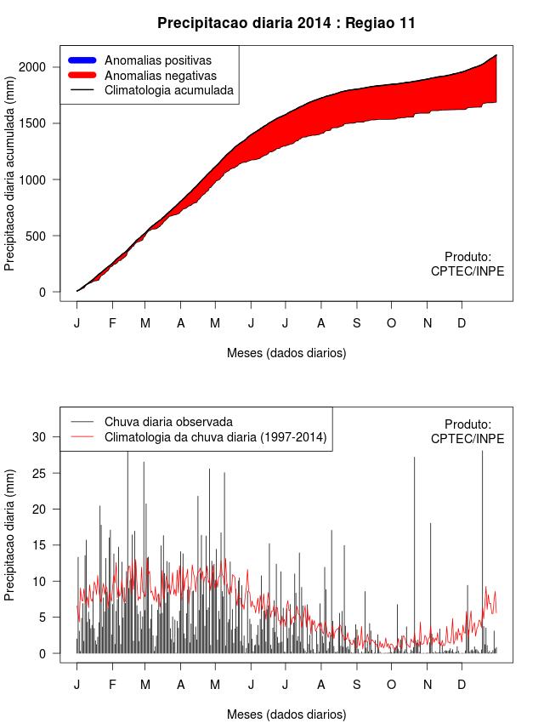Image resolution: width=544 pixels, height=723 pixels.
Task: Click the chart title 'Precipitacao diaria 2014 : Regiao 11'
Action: (286, 23)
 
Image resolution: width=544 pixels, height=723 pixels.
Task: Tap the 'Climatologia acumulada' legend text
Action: (168, 89)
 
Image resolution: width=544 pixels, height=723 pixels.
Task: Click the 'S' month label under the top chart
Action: (357, 323)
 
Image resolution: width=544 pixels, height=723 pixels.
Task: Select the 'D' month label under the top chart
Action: (462, 323)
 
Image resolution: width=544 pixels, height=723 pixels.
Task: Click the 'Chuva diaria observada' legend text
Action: (168, 422)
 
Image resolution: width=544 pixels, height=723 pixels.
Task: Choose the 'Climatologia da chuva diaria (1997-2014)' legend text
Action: (215, 437)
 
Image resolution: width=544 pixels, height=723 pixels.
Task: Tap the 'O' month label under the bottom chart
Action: (391, 685)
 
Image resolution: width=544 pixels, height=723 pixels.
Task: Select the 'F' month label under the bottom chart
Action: (111, 685)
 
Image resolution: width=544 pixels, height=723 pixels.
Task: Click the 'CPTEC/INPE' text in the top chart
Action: (467, 271)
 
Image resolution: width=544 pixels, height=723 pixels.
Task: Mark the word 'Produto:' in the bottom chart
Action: (467, 424)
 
